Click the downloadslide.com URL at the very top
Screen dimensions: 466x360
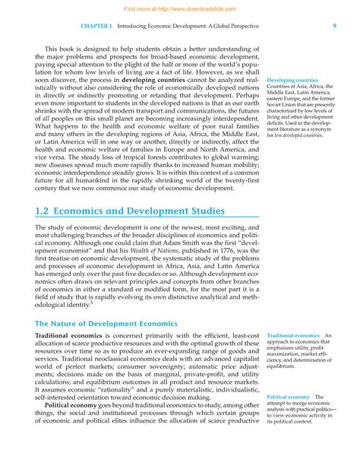pos(180,5)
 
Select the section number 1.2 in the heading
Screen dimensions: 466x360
pos(46,211)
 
